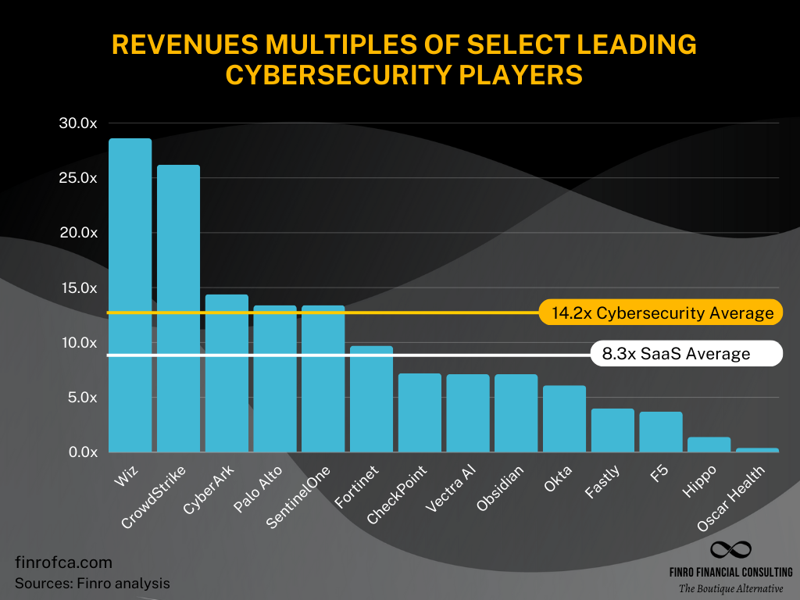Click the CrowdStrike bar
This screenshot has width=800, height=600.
[x=178, y=309]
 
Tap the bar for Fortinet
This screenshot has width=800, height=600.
[x=371, y=398]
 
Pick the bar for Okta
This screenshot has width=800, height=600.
[x=564, y=419]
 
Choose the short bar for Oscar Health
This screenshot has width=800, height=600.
[x=757, y=450]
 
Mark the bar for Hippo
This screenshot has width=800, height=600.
[x=709, y=445]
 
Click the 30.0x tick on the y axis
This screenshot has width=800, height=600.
[x=77, y=123]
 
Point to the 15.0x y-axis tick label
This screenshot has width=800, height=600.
[x=77, y=287]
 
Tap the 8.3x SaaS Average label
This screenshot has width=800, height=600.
[x=675, y=354]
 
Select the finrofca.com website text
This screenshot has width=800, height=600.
[x=63, y=562]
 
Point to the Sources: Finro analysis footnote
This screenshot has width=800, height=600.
[x=92, y=583]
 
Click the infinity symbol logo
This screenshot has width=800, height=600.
[x=730, y=552]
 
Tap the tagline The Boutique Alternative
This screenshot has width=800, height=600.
[x=730, y=588]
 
